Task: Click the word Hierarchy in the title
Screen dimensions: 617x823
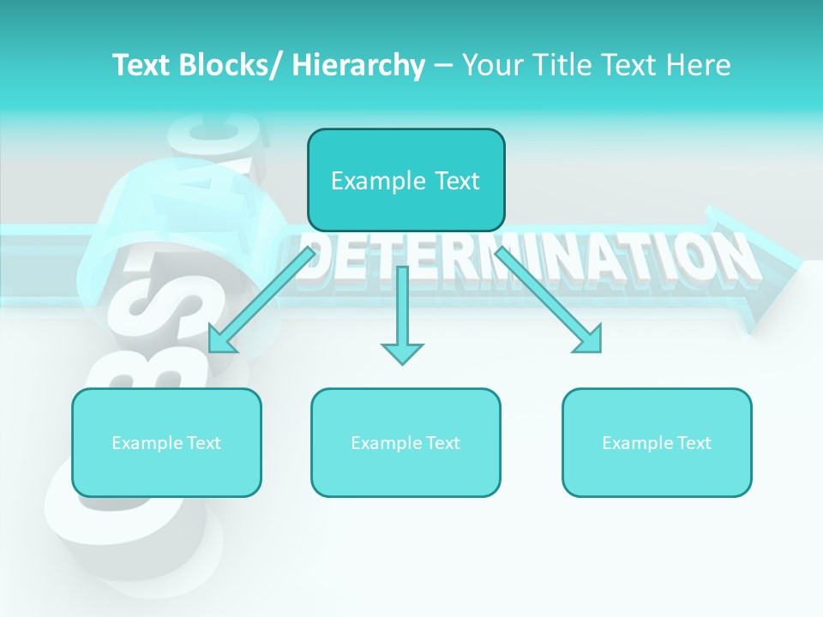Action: click(x=358, y=65)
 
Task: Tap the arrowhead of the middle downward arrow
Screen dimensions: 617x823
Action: click(x=402, y=351)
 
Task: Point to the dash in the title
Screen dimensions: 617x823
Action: click(x=443, y=65)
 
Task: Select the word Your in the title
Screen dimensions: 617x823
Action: click(x=490, y=65)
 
